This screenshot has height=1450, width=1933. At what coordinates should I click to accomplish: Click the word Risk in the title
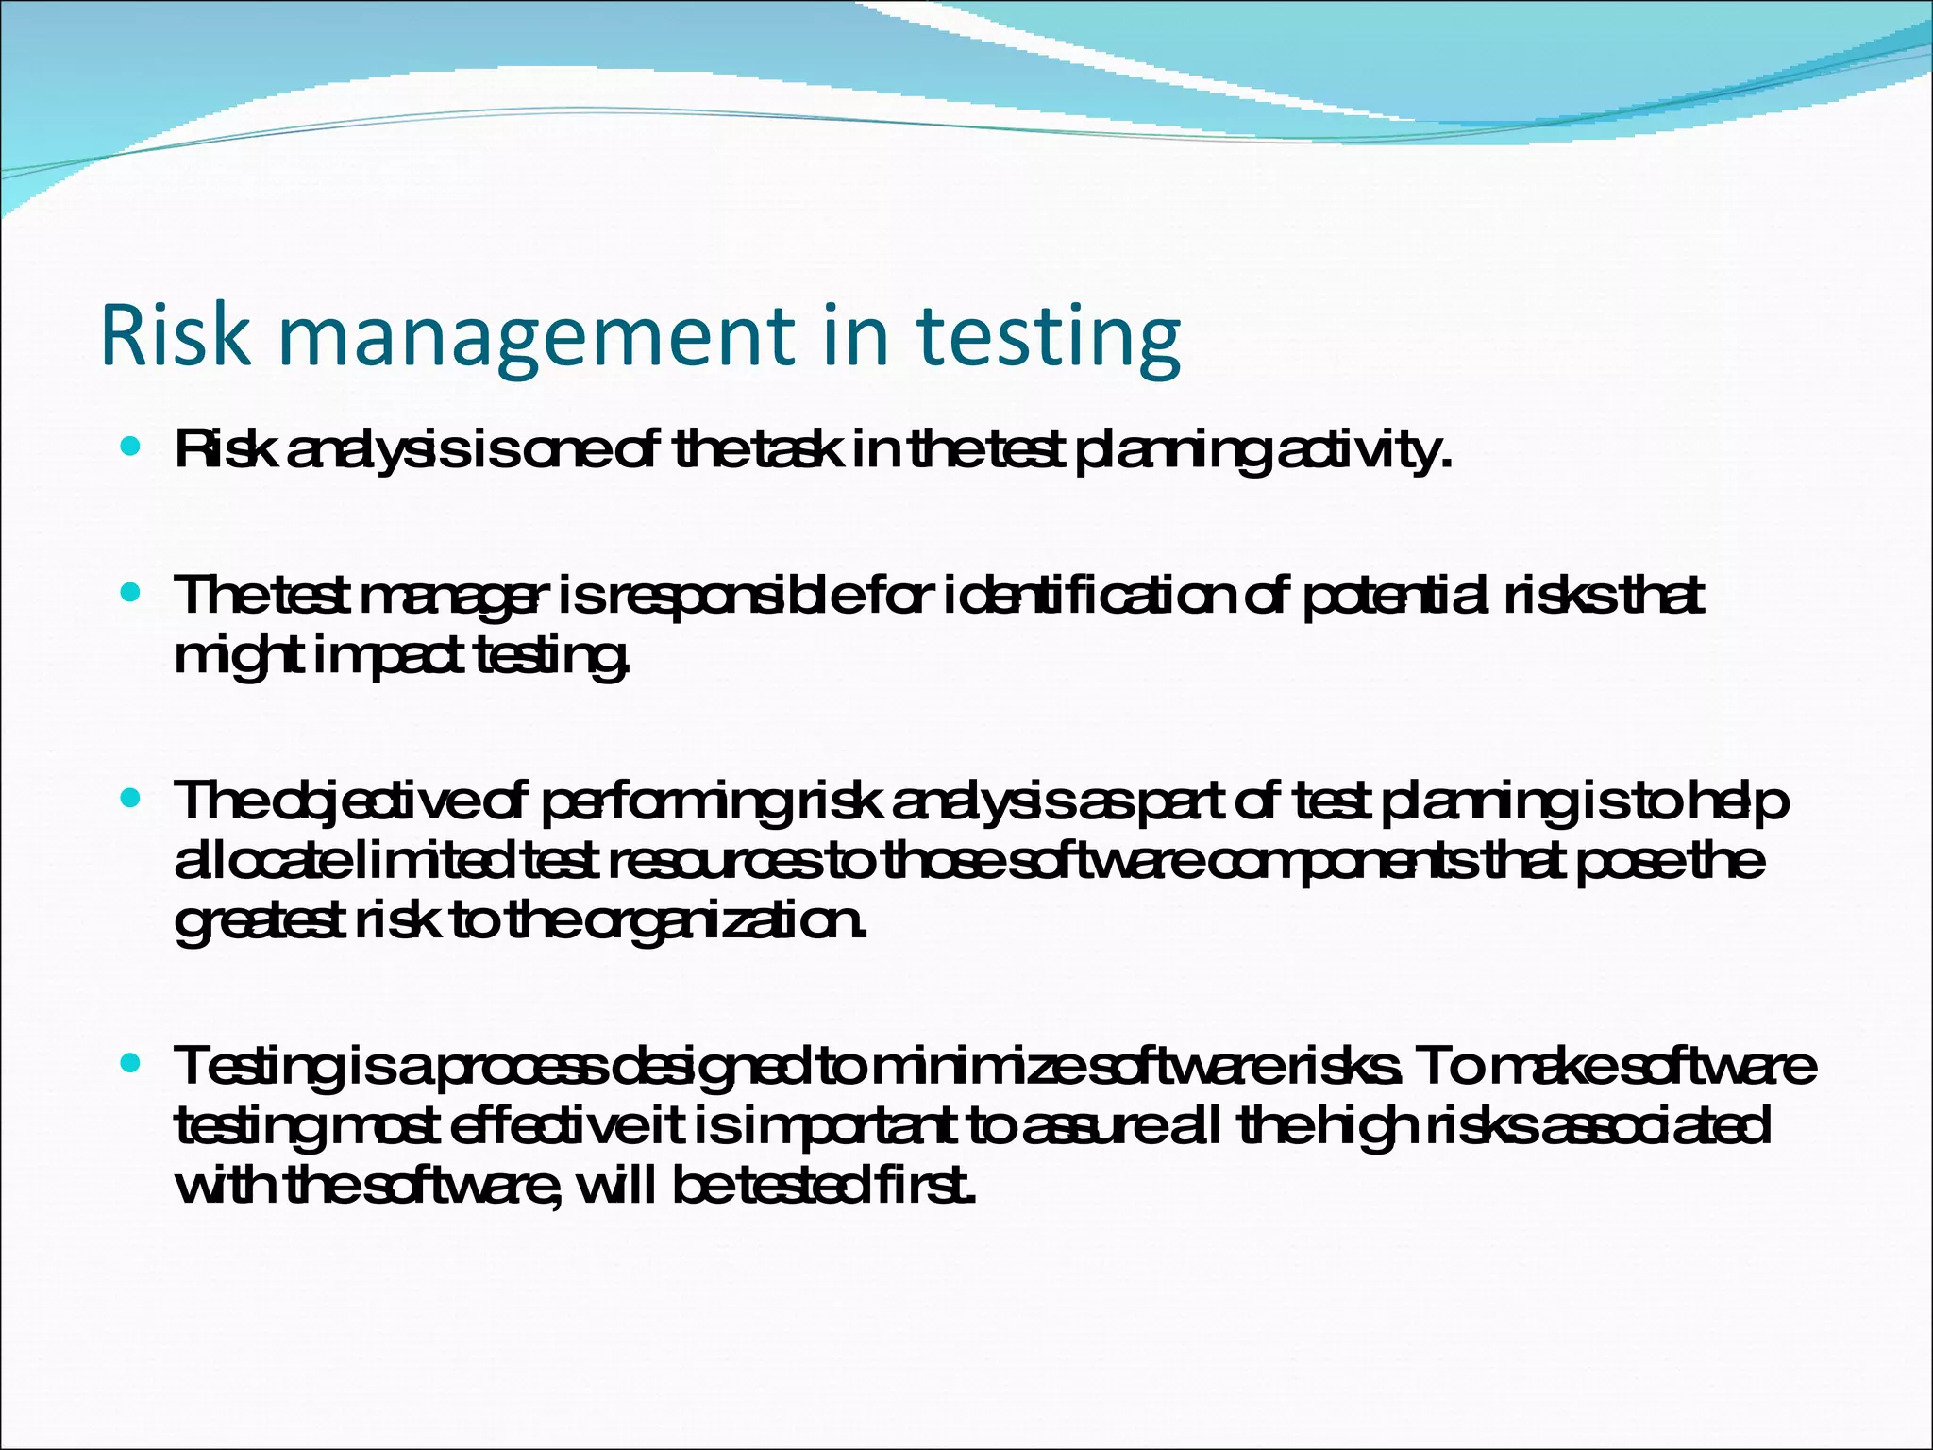pyautogui.click(x=176, y=335)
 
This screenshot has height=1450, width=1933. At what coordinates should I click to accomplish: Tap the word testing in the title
pyautogui.click(x=1049, y=338)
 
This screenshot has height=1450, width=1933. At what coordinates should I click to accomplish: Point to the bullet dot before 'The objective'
pyautogui.click(x=131, y=799)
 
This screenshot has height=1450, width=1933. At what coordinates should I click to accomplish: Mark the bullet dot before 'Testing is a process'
pyautogui.click(x=131, y=1063)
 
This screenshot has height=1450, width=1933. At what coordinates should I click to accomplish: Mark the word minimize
pyautogui.click(x=975, y=1067)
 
